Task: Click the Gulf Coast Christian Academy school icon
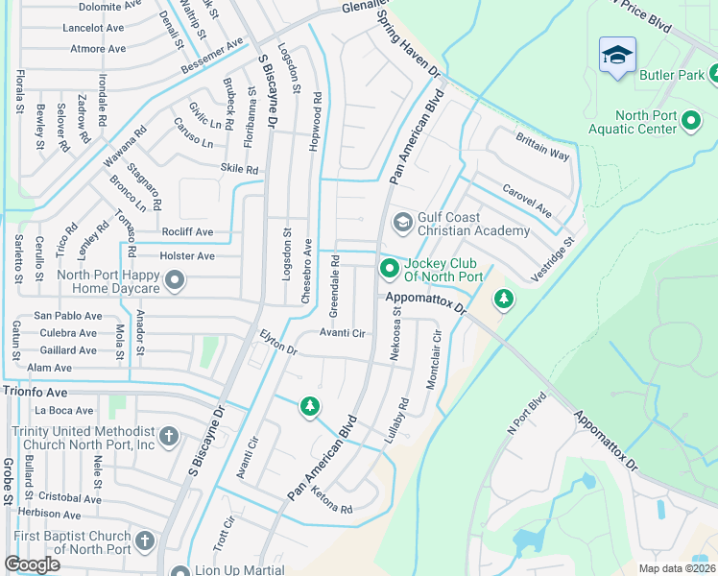coord(402,223)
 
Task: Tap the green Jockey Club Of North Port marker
coord(389,269)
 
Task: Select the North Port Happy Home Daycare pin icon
coord(175,280)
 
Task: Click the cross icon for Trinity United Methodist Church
coord(168,437)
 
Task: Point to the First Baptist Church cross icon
coord(145,541)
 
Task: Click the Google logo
coord(32,564)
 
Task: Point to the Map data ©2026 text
coord(676,568)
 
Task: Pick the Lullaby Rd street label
coord(397,420)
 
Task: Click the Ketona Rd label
coord(332,501)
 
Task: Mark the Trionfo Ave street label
coord(36,392)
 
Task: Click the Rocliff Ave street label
coord(187,232)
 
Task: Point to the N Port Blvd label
coord(525,415)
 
